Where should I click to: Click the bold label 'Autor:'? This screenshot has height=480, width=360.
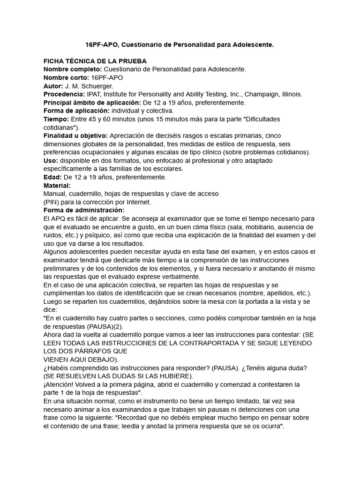pyautogui.click(x=53, y=86)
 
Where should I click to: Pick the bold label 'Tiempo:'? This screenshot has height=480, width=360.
pyautogui.click(x=56, y=119)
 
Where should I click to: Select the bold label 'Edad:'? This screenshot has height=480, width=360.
pyautogui.click(x=52, y=177)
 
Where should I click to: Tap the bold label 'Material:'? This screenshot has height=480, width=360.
pyautogui.click(x=57, y=186)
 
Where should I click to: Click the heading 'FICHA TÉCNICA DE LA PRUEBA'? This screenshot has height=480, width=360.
pyautogui.click(x=95, y=61)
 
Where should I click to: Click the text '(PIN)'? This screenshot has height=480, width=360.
pyautogui.click(x=52, y=202)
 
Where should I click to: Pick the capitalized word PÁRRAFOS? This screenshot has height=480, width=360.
pyautogui.click(x=92, y=352)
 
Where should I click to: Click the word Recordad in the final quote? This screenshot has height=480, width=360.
pyautogui.click(x=222, y=417)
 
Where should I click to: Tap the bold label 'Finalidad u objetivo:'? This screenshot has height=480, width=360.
pyautogui.click(x=75, y=135)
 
